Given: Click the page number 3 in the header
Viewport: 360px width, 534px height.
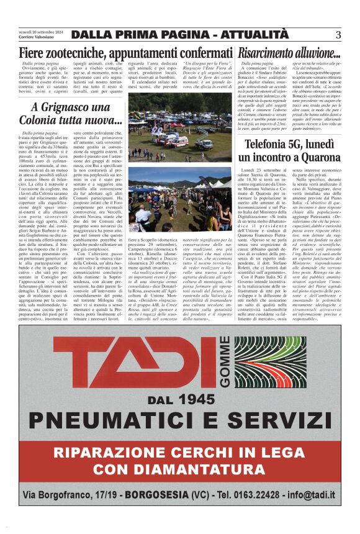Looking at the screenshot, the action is [338, 34].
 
